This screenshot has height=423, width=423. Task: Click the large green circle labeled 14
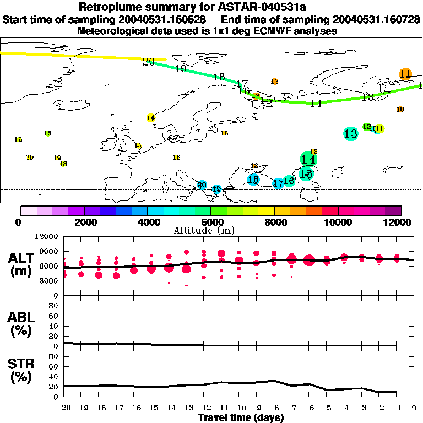pos(308,159)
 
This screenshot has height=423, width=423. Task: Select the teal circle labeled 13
pos(350,133)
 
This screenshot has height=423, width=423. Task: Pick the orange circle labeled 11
pos(405,74)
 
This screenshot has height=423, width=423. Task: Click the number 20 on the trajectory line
pos(148,62)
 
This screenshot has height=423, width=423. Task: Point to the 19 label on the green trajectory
pos(180,69)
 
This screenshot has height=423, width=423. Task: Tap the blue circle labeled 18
pos(253,179)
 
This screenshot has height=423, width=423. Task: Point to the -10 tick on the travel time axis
pos(239,408)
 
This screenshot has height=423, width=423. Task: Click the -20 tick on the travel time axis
pos(64,408)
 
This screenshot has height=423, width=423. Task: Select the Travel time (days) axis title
pos(241,418)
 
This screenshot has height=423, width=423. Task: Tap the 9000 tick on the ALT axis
pos(50,251)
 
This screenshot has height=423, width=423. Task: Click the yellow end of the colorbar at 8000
pos(269,210)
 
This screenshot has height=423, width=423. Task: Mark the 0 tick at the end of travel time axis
pos(414,408)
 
